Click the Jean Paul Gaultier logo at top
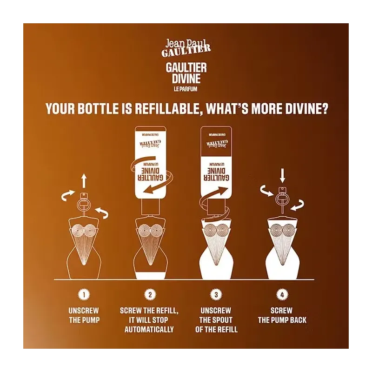click(186, 48)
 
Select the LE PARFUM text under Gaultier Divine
click(186, 89)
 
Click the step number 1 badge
click(84, 295)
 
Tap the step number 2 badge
click(150, 295)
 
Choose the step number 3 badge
click(216, 295)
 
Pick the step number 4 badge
click(282, 295)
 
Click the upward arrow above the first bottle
click(84, 180)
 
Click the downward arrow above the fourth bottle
click(282, 176)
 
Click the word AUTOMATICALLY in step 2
click(149, 329)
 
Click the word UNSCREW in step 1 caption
click(84, 311)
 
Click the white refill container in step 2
click(150, 163)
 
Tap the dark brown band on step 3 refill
click(216, 142)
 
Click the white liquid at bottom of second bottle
click(150, 275)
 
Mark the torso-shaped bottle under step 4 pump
click(282, 249)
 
